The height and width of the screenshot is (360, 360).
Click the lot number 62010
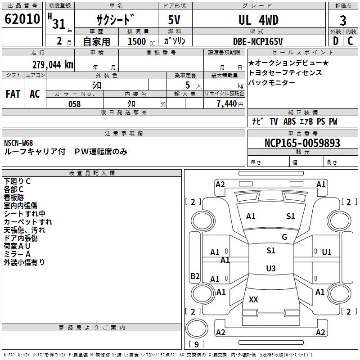(22, 19)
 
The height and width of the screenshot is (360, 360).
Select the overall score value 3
(343, 21)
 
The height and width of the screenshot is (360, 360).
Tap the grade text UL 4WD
(258, 20)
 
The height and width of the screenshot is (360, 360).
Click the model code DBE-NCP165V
(258, 41)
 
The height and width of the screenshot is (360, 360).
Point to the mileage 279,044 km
(52, 64)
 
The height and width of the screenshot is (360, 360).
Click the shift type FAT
(13, 94)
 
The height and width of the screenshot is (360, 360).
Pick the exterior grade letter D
(335, 41)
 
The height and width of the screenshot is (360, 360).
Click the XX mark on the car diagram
(253, 299)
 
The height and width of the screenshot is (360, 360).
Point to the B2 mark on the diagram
(195, 276)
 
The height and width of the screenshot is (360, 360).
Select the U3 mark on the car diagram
(270, 268)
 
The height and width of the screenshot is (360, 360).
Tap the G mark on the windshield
(284, 237)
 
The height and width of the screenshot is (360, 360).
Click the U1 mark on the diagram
(326, 252)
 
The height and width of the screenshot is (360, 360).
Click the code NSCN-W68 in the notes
(18, 143)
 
